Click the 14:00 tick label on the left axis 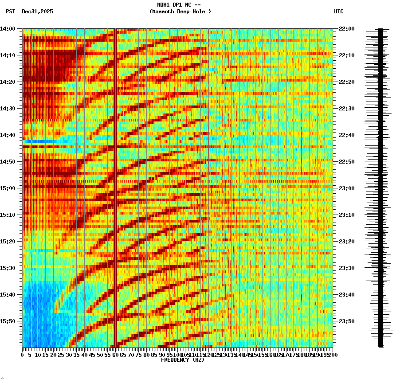(8, 29)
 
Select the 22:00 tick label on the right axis (346, 29)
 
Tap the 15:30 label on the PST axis (8, 268)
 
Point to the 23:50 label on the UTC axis (346, 321)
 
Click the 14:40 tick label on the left (8, 135)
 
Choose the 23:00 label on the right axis (346, 188)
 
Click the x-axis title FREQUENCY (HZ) (182, 360)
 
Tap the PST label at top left (10, 12)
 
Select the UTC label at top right (338, 12)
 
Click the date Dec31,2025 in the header (37, 12)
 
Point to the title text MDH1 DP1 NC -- (179, 5)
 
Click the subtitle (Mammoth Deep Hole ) (180, 12)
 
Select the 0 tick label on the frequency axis (23, 355)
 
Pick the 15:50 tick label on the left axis (8, 321)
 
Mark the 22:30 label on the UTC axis (346, 109)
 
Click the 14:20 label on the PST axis (8, 82)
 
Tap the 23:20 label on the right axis (346, 242)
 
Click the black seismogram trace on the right (380, 186)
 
